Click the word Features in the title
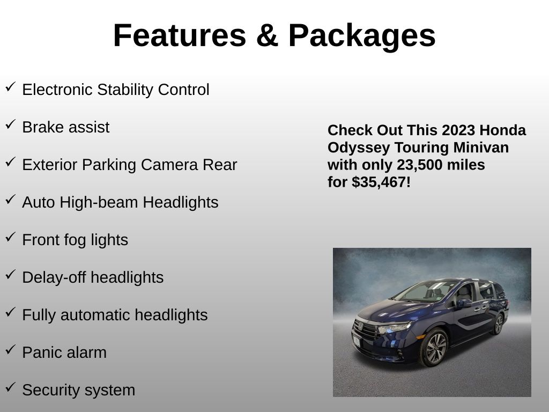point(180,35)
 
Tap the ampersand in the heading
point(268,35)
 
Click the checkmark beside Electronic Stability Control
point(11,86)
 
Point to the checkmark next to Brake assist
point(11,124)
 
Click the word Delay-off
point(54,277)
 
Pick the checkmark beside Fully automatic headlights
point(11,312)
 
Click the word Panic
point(41,352)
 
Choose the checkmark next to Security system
point(11,387)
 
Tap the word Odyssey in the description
point(359,148)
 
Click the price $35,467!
point(381,182)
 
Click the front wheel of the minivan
point(434,348)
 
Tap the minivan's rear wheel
point(499,323)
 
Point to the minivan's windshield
point(425,291)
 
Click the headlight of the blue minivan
point(394,328)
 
